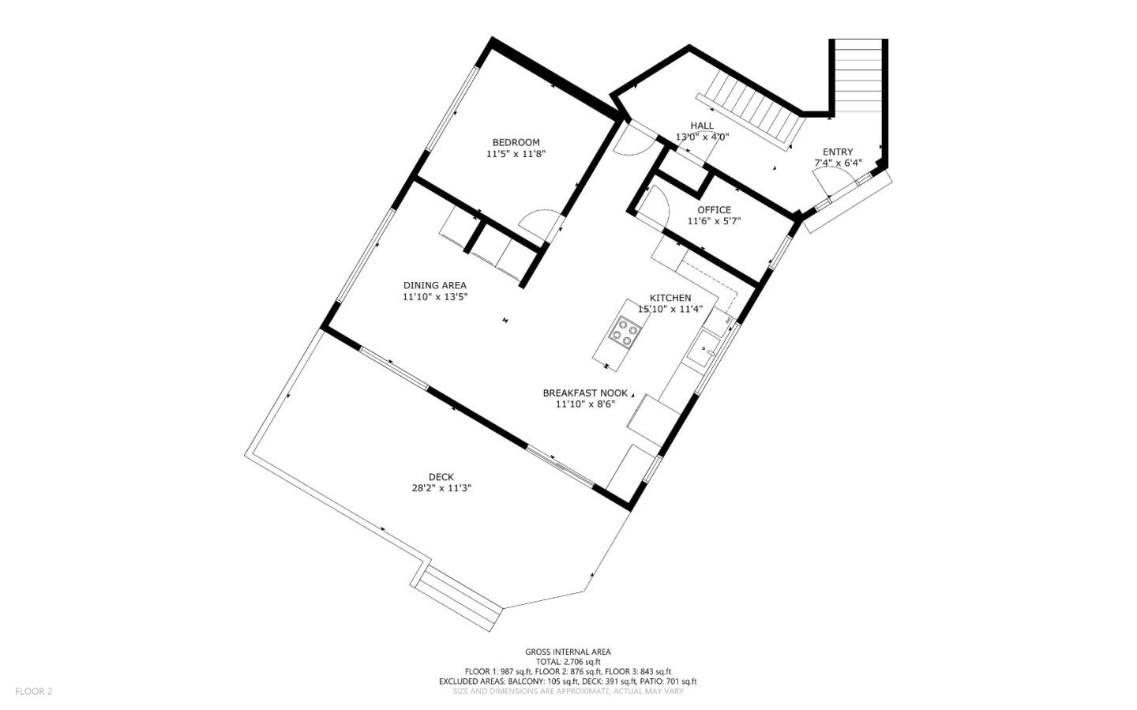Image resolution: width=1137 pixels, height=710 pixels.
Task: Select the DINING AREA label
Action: [x=434, y=286]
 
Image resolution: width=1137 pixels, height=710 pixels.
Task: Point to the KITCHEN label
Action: [x=670, y=298]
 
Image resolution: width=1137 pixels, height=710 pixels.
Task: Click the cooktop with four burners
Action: [x=625, y=332]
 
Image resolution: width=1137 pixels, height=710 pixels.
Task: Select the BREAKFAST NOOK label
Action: [x=585, y=393]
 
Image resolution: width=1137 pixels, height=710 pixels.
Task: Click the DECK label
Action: [x=441, y=477]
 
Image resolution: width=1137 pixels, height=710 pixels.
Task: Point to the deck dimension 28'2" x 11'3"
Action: [x=441, y=488]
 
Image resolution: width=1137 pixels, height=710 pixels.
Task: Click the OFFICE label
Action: [x=714, y=210]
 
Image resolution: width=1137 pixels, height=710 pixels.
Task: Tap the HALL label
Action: [x=702, y=126]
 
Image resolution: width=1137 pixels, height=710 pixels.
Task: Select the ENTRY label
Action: [x=838, y=152]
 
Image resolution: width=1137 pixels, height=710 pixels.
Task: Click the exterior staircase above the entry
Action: [x=858, y=75]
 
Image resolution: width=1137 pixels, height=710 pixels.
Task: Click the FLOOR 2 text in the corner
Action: [x=33, y=692]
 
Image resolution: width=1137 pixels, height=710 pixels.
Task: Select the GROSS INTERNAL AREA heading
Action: [x=568, y=652]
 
